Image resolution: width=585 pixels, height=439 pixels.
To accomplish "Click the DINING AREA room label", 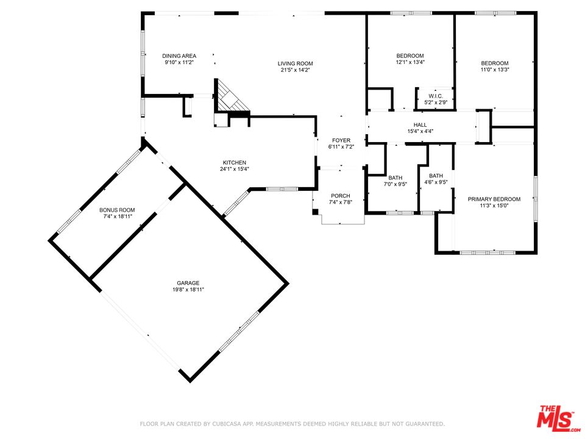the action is (179, 56).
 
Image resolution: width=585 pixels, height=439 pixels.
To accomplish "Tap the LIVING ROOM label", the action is (295, 63).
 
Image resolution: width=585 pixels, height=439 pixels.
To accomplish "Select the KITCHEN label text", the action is (234, 162).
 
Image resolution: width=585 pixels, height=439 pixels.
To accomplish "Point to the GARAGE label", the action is (188, 283).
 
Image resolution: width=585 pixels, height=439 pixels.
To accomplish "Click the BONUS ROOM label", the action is (117, 210).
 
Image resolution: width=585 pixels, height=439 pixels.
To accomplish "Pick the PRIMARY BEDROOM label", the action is (494, 199).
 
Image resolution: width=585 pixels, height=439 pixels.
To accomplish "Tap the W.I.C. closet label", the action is (436, 96).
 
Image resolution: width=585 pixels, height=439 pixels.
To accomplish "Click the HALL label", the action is (420, 124).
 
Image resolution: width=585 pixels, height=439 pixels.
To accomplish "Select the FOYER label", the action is (341, 140).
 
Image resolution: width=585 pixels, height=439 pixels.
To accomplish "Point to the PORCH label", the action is (341, 196).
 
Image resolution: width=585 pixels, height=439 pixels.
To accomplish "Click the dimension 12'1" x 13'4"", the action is (410, 62).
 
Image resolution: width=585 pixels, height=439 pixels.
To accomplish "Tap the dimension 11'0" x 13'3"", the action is (495, 70).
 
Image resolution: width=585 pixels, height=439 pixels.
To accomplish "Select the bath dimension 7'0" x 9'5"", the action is (395, 184).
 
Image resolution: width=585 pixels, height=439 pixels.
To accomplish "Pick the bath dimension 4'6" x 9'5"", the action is (436, 182).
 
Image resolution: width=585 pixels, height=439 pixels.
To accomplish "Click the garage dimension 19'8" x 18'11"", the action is (188, 289).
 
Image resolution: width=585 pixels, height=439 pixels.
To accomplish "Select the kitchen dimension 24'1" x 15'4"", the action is (234, 169).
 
